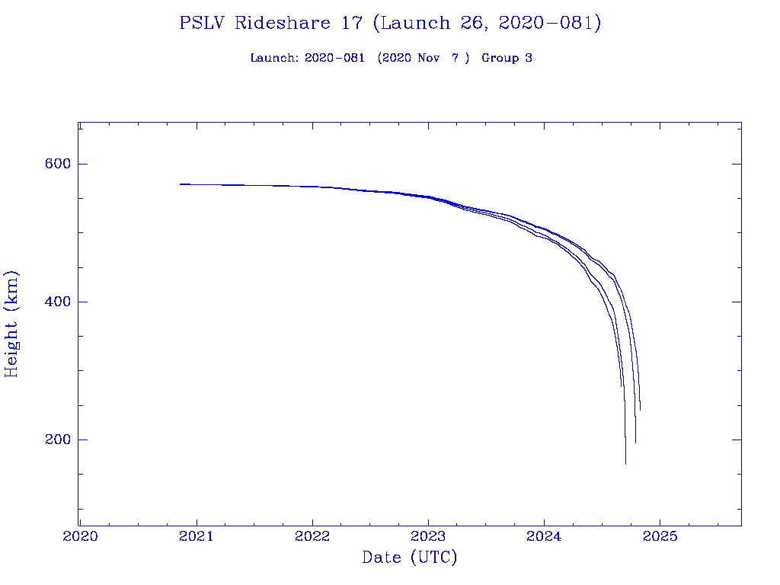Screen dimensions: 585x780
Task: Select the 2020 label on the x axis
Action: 81,535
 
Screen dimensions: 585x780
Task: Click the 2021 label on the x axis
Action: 197,535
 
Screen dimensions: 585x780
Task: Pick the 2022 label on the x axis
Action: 312,535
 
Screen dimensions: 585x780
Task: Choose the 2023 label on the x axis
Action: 428,535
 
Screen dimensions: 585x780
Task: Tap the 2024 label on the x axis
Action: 544,535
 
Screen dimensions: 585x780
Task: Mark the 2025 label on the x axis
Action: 660,535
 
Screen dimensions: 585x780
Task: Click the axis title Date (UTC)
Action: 410,558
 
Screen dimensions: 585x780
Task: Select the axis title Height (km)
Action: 11,324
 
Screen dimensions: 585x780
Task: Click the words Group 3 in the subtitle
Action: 507,58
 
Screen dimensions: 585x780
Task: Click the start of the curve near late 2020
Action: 181,184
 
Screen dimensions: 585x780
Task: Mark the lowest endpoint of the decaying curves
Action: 625,464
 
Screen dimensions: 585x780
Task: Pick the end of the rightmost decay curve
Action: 640,411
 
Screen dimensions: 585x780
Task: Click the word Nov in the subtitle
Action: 429,58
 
